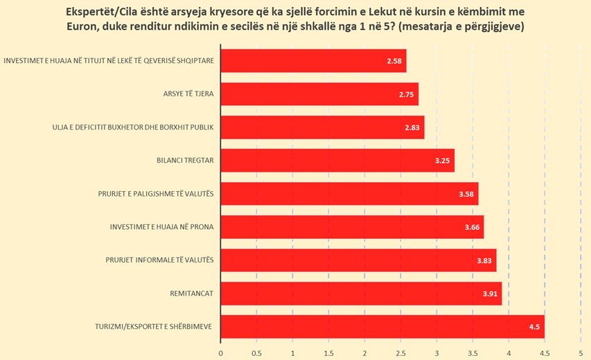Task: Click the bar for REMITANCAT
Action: tap(360, 294)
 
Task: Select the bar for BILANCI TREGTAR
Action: tap(337, 161)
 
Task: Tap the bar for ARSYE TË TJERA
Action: tap(319, 94)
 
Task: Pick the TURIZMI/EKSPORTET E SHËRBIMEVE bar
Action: tap(382, 327)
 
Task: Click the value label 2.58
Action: tap(394, 61)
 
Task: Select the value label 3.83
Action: tap(484, 260)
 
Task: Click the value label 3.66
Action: tap(472, 227)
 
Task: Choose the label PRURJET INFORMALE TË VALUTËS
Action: tap(156, 260)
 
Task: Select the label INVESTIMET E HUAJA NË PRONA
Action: tap(161, 227)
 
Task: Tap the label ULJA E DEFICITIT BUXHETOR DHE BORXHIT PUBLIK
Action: tap(133, 127)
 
